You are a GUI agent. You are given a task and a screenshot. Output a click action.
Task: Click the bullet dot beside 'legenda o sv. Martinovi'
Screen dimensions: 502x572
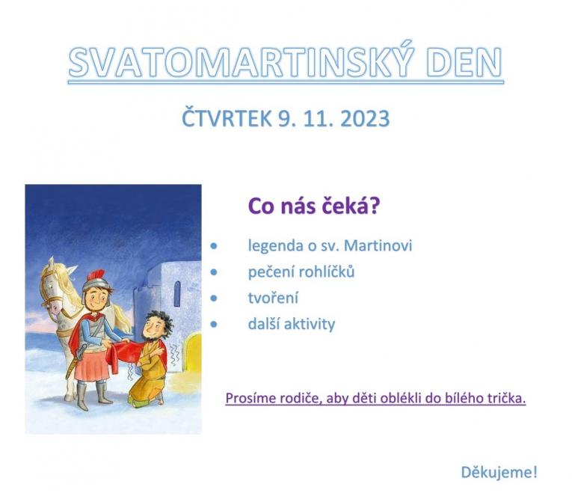[x=215, y=245]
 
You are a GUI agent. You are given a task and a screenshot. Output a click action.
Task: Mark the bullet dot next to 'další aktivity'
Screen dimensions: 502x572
[x=215, y=324]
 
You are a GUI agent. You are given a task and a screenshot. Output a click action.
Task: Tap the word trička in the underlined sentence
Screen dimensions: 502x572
[x=506, y=398]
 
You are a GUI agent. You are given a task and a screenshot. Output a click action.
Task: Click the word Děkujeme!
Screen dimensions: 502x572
[x=499, y=472]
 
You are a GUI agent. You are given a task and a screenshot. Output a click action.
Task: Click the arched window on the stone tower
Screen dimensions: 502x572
[x=176, y=294]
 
